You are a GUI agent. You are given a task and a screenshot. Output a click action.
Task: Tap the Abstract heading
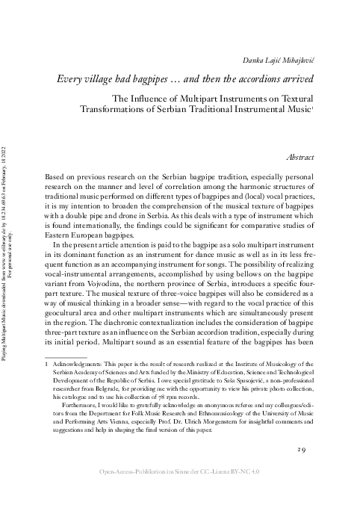tap(300, 158)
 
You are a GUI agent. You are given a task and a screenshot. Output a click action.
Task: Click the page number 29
tap(302, 449)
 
